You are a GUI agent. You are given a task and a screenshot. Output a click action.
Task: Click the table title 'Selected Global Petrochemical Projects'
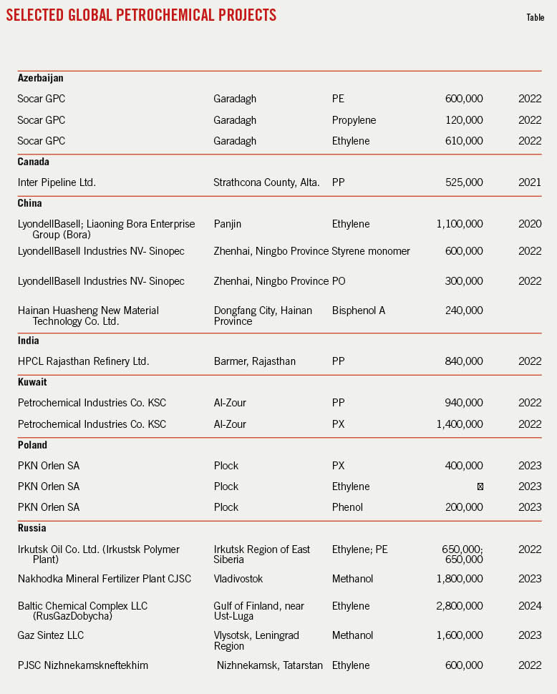pos(141,15)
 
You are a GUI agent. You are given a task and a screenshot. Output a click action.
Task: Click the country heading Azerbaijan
pos(41,78)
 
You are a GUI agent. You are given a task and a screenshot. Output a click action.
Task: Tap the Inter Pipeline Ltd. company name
pos(57,182)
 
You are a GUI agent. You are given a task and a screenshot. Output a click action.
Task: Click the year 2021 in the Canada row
pos(530,182)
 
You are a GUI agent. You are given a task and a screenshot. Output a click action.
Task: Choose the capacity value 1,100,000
pos(460,224)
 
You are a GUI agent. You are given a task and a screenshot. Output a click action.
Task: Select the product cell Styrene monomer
pos(371,251)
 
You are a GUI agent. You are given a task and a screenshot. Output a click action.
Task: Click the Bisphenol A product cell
pos(359,311)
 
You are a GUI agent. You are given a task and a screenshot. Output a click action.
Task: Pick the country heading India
pos(29,341)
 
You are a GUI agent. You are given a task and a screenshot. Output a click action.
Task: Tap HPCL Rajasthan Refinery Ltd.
pos(83,361)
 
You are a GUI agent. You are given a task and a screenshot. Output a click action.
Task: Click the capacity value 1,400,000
pos(460,424)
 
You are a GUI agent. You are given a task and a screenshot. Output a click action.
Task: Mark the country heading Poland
pos(33,445)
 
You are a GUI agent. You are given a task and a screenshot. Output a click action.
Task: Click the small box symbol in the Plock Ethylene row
pos(480,487)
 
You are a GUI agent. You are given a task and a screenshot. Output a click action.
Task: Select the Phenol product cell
pos(347,507)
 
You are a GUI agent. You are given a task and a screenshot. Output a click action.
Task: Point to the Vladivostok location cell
pos(240,578)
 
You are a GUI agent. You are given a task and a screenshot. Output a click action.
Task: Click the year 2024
pos(530,606)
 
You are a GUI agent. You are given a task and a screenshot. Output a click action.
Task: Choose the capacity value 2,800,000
pos(460,606)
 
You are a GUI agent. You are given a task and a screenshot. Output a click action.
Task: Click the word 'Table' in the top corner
pos(535,18)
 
